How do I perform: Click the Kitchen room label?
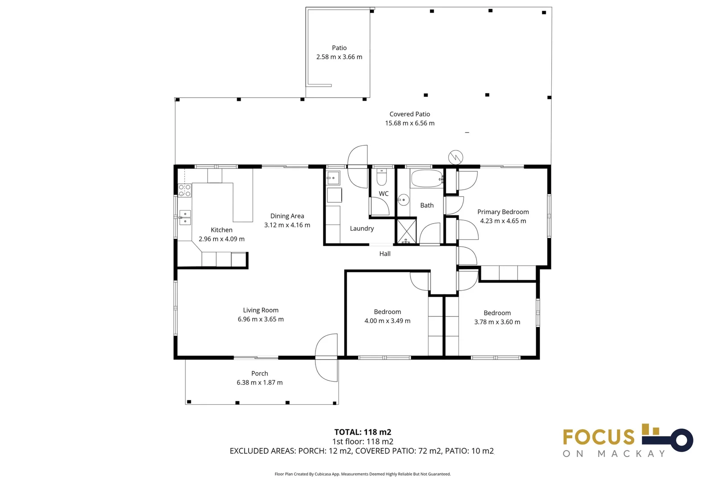pyautogui.click(x=222, y=230)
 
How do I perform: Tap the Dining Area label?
pyautogui.click(x=287, y=216)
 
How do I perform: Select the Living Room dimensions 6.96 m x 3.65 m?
pyautogui.click(x=261, y=319)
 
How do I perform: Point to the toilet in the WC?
pyautogui.click(x=382, y=177)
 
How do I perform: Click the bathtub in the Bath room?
pyautogui.click(x=427, y=179)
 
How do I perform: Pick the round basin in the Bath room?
pyautogui.click(x=403, y=200)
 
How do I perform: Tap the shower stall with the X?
pyautogui.click(x=406, y=231)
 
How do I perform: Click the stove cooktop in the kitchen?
pyautogui.click(x=185, y=191)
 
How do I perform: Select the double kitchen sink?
pyautogui.click(x=185, y=217)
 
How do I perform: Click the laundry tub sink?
pyautogui.click(x=333, y=178)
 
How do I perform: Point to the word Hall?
pyautogui.click(x=385, y=254)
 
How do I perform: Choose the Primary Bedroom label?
pyautogui.click(x=503, y=212)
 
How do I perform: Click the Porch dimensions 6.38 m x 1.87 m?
pyautogui.click(x=260, y=382)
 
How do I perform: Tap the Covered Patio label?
pyautogui.click(x=410, y=114)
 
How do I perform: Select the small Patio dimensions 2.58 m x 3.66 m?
pyautogui.click(x=340, y=57)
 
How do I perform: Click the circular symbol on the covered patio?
pyautogui.click(x=456, y=158)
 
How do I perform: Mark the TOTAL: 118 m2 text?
pyautogui.click(x=363, y=432)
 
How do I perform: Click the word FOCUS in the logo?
pyautogui.click(x=599, y=437)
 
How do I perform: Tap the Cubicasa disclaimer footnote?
pyautogui.click(x=363, y=474)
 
